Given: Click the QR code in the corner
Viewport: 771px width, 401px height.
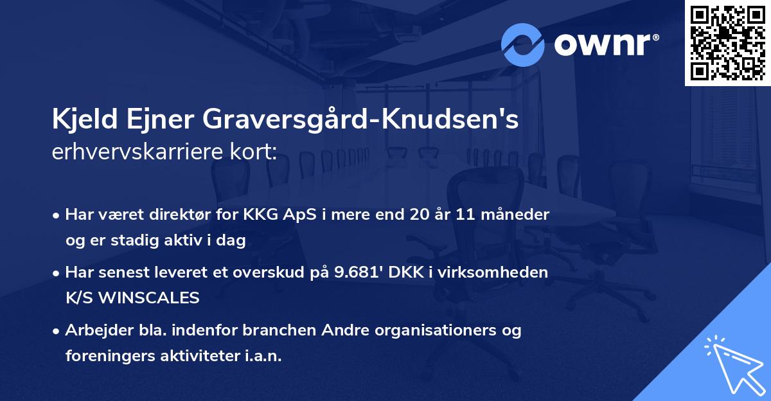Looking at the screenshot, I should point(727,42).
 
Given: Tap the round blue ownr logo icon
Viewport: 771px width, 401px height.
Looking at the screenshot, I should point(523,45).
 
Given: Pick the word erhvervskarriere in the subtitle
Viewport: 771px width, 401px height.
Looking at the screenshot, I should point(135,152).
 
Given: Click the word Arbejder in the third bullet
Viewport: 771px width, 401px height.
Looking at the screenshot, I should point(96,330).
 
